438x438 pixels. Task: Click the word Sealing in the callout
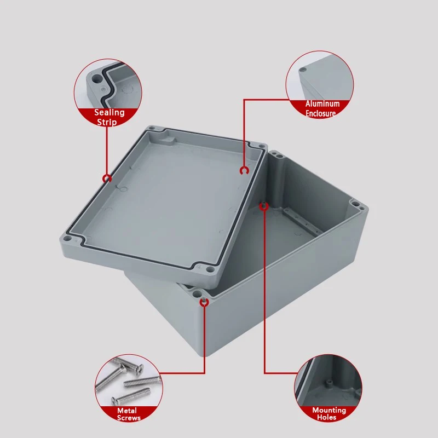109,113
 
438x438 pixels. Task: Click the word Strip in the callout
107,122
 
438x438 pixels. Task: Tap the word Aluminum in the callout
322,104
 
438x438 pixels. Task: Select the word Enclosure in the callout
321,113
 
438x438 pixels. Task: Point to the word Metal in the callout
126,411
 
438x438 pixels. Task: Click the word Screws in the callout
129,418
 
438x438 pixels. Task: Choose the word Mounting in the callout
329,410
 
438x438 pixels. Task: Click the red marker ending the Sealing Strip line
107,178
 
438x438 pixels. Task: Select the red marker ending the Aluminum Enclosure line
244,171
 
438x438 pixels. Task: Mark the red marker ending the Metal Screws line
204,302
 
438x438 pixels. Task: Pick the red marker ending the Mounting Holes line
264,206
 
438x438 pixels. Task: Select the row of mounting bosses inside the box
301,223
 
